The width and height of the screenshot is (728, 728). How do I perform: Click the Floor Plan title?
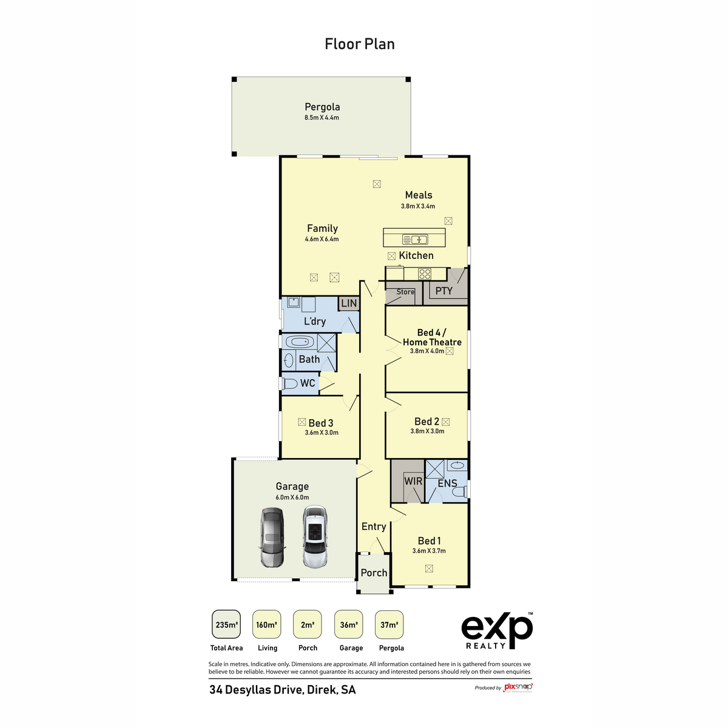[x=360, y=44]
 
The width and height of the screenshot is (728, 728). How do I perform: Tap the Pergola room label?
[x=322, y=107]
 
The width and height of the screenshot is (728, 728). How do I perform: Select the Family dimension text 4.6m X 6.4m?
[x=322, y=239]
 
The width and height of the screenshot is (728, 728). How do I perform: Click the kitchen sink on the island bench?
[x=416, y=239]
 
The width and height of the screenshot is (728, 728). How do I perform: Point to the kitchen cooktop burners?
[x=425, y=274]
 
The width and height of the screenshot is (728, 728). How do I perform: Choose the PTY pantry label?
[x=444, y=291]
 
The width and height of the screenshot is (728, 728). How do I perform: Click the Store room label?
[x=405, y=292]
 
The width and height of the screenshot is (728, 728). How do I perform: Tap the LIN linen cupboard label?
[x=349, y=303]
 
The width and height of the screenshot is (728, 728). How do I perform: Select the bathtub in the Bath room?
[x=300, y=342]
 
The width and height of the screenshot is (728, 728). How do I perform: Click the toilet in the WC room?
[x=291, y=383]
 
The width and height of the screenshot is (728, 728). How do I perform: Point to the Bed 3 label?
[x=321, y=423]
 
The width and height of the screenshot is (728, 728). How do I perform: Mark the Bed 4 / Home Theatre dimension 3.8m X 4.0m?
[x=427, y=351]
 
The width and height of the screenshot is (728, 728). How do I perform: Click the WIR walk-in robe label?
[x=413, y=481]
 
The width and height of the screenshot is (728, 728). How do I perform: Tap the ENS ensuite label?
[x=447, y=484]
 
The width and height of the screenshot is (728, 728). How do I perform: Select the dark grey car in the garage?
[x=271, y=538]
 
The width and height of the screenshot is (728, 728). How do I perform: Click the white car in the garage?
[x=314, y=537]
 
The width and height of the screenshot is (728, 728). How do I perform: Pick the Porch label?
[x=374, y=573]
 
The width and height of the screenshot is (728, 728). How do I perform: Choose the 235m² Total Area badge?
[x=226, y=625]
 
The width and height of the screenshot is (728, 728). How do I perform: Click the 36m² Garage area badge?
[x=349, y=625]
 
